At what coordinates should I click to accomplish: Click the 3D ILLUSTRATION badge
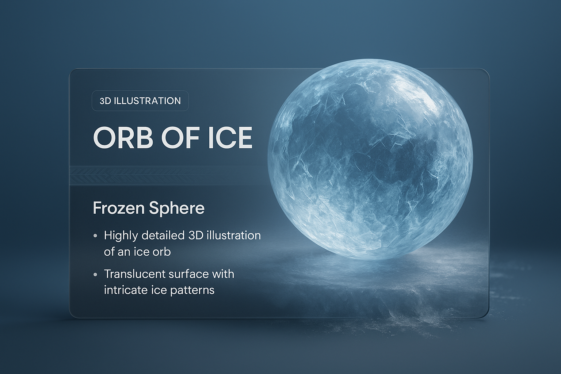pyautogui.click(x=140, y=101)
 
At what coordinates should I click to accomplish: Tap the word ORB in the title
pyautogui.click(x=123, y=138)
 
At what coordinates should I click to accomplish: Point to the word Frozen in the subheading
pyautogui.click(x=119, y=208)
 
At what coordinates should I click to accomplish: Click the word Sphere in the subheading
pyautogui.click(x=177, y=209)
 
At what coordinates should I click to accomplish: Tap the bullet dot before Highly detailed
pyautogui.click(x=95, y=236)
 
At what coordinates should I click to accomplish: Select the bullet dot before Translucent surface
pyautogui.click(x=95, y=274)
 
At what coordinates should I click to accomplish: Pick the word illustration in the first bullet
pyautogui.click(x=234, y=236)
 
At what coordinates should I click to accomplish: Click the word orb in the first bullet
pyautogui.click(x=162, y=252)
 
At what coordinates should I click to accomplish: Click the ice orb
pyautogui.click(x=370, y=159)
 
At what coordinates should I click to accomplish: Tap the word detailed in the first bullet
pyautogui.click(x=163, y=236)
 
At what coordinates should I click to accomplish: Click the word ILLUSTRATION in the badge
pyautogui.click(x=147, y=101)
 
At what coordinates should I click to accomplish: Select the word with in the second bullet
pyautogui.click(x=222, y=274)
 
